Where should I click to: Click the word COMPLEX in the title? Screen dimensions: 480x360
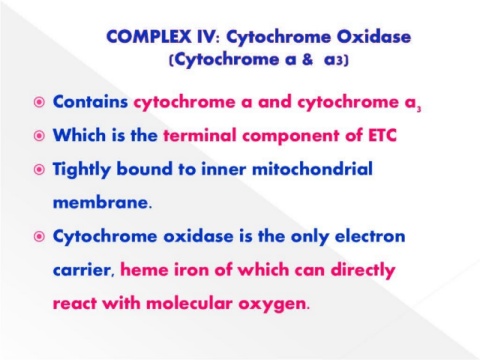point(149,37)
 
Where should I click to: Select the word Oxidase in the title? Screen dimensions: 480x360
point(374,36)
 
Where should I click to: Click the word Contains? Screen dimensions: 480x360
point(90,102)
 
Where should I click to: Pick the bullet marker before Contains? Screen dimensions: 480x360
point(39,102)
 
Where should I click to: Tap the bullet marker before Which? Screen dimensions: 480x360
point(39,136)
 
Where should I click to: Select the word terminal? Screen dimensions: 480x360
point(200,136)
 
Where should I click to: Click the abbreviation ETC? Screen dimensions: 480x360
point(383,136)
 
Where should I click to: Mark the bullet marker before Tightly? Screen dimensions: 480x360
point(39,170)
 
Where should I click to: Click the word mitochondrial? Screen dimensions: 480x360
point(312,169)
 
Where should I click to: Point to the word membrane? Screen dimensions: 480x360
point(101,202)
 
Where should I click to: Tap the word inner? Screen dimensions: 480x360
point(223,169)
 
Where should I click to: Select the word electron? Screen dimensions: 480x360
point(370,236)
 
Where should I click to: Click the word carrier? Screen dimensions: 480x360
point(83,270)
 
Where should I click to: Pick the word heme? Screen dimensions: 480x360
point(144,269)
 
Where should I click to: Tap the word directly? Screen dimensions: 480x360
point(363,270)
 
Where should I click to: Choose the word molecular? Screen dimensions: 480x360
point(189,303)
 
